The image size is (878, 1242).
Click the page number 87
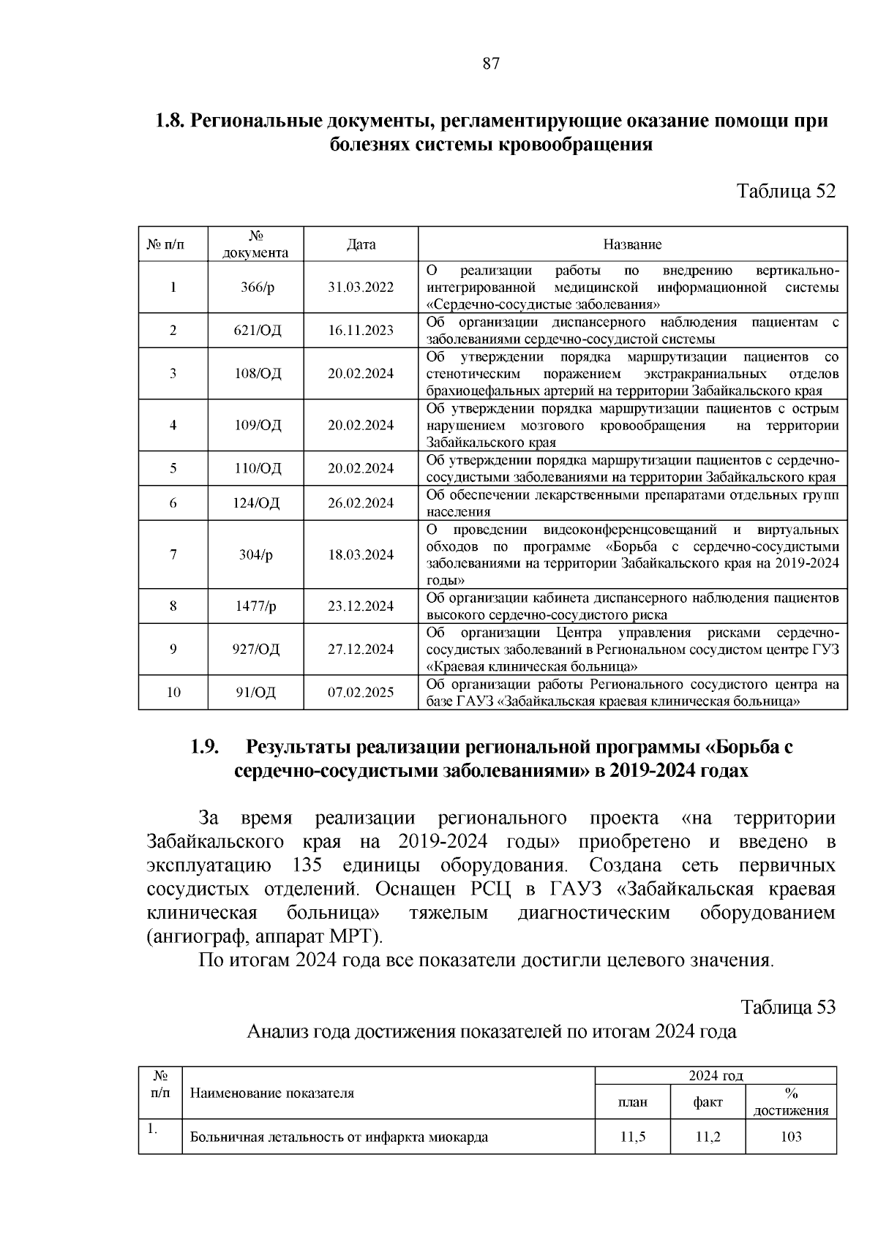click(491, 64)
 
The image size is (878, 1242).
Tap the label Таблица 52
click(786, 192)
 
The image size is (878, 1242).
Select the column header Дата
click(361, 244)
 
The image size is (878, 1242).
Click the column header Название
click(632, 244)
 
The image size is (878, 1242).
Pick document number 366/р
click(258, 287)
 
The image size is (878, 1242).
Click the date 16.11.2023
click(361, 331)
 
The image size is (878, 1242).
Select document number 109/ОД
click(258, 425)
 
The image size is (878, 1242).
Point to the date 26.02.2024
click(361, 503)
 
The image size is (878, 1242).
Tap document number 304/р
click(256, 554)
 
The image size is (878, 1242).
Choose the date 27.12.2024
click(361, 650)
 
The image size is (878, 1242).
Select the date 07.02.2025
click(361, 693)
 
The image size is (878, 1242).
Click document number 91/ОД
click(256, 693)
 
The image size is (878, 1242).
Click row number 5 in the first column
click(173, 469)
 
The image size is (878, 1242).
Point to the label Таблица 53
click(788, 1007)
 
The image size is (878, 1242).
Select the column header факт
click(708, 1102)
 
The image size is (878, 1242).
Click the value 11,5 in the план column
click(633, 1137)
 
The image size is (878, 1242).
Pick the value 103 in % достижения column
click(791, 1137)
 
